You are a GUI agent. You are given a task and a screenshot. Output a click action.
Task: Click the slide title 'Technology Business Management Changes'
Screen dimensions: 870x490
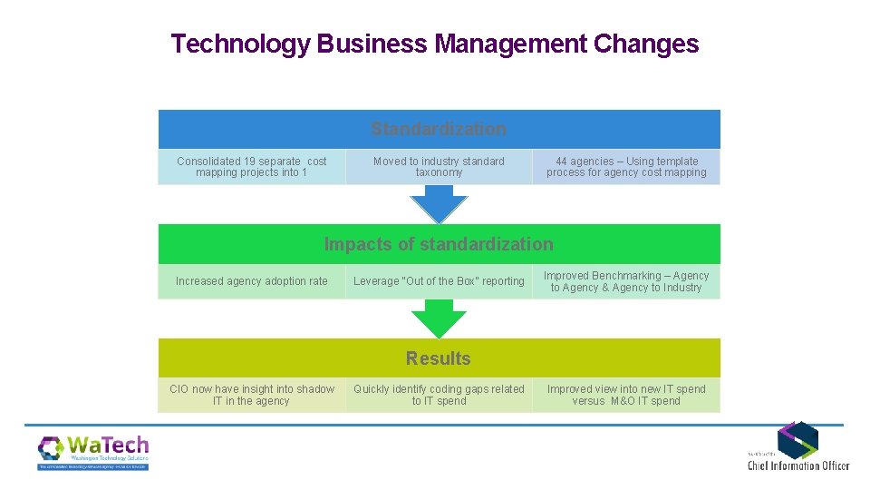[x=435, y=44]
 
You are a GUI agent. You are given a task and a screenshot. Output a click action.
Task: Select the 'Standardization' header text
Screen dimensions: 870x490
[x=439, y=129]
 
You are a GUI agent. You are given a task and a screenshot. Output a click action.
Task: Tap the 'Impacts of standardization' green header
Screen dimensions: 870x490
[x=439, y=244]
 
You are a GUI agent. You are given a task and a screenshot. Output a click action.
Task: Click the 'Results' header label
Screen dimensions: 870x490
[x=439, y=358]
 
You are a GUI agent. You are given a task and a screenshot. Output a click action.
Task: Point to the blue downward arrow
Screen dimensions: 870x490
[x=439, y=203]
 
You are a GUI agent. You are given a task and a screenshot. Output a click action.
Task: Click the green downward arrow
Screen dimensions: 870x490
[x=439, y=318]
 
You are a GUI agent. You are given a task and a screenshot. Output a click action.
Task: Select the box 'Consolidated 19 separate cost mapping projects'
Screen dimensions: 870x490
[x=252, y=167]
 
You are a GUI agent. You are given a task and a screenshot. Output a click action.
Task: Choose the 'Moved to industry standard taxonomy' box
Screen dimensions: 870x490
[x=439, y=167]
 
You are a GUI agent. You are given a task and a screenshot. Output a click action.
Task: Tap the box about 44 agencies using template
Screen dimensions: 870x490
[x=626, y=167]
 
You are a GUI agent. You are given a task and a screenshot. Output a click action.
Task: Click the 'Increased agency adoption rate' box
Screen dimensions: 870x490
[x=252, y=281]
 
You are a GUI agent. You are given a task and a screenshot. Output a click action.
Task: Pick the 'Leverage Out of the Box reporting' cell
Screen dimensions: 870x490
[x=439, y=281]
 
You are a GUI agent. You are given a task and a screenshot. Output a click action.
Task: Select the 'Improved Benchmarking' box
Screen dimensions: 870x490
[x=626, y=281]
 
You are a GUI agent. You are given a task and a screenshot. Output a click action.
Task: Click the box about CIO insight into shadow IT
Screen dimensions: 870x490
[x=252, y=395]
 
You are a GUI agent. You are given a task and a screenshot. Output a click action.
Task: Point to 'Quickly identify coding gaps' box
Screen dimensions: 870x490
[x=439, y=395]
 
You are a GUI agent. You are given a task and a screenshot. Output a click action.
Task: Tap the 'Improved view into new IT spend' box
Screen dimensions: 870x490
[x=626, y=395]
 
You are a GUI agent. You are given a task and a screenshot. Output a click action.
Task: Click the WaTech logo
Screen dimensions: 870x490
[x=92, y=452]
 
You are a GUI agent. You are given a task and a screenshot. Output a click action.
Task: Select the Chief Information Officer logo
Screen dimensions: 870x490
[x=797, y=446]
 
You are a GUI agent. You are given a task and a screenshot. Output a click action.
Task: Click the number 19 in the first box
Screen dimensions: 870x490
[x=248, y=162]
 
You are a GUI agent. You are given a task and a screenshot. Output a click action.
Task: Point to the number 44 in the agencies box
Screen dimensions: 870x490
[x=562, y=162]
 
